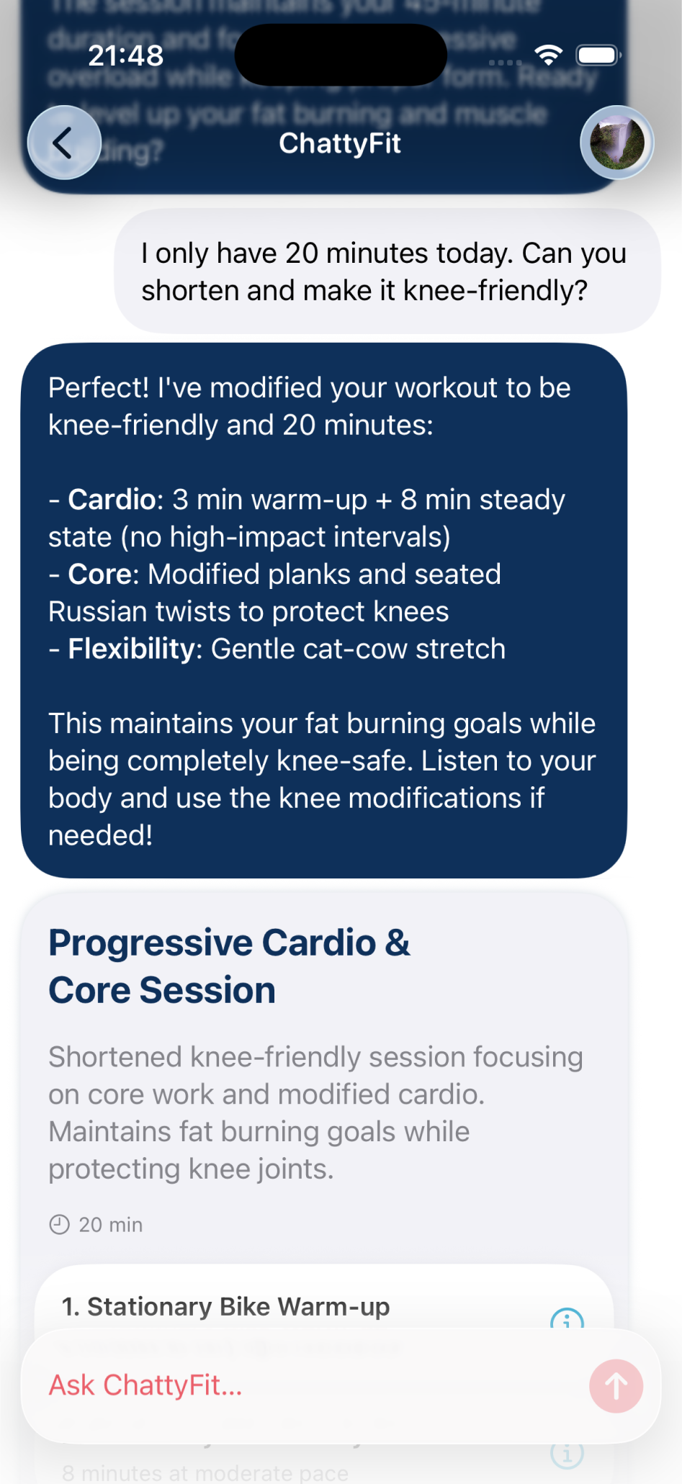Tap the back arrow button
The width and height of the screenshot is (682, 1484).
[64, 143]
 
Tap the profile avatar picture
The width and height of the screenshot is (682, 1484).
[617, 143]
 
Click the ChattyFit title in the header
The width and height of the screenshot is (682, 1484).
[340, 143]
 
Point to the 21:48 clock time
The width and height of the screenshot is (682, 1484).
[126, 55]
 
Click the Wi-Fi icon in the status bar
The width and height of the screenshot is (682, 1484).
[549, 55]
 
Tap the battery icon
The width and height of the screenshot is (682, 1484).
[598, 55]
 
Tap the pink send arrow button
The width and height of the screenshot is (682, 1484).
[616, 1385]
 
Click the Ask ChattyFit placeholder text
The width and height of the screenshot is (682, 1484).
[145, 1385]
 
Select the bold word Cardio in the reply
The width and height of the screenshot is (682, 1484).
[112, 500]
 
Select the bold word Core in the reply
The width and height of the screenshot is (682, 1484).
[99, 575]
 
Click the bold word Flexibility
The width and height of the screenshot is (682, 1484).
[130, 649]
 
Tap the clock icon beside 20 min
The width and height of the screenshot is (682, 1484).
[59, 1224]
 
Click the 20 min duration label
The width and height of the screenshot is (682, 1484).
[111, 1225]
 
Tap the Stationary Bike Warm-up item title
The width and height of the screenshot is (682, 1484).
[225, 1306]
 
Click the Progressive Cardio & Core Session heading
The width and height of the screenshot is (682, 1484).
[229, 966]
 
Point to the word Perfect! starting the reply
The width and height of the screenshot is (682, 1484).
[99, 388]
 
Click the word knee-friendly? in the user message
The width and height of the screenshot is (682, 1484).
[495, 291]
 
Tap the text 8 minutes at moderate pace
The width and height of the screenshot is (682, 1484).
[205, 1472]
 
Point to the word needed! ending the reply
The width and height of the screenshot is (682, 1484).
[101, 835]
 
